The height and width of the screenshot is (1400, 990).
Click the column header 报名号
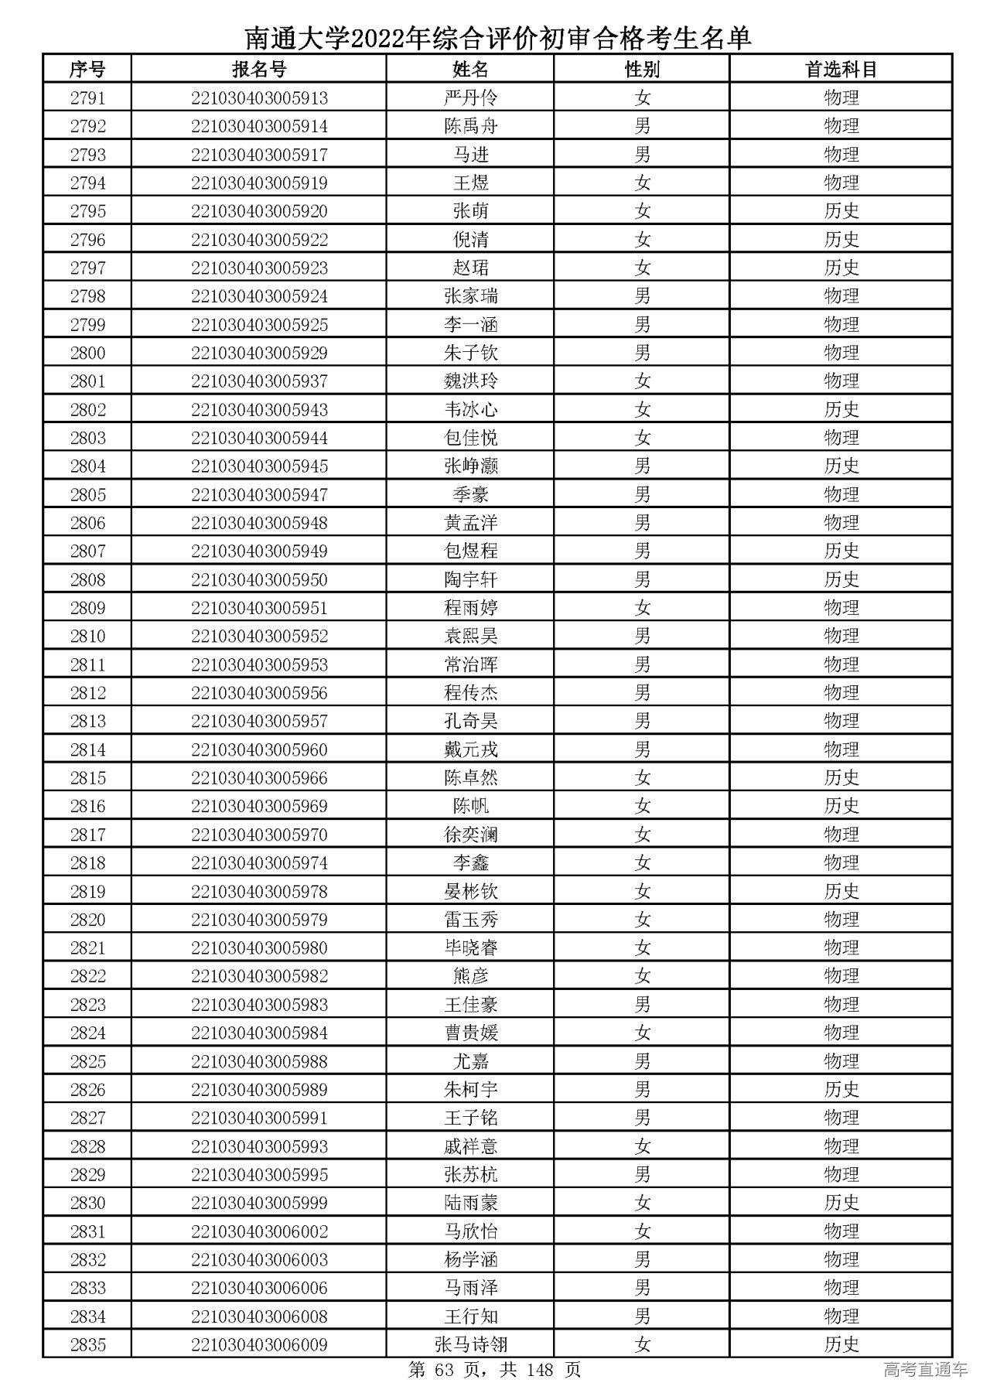259,70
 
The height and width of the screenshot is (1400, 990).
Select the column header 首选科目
841,70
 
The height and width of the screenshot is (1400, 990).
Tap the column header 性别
642,70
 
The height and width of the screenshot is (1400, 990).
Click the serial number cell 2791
87,98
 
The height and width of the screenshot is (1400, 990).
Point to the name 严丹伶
470,98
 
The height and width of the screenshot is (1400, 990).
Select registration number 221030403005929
259,353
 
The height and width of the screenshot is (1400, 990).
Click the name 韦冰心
470,410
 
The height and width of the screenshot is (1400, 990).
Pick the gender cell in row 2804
642,466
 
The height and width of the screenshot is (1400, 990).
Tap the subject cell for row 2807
841,551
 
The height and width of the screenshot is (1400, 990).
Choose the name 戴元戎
470,750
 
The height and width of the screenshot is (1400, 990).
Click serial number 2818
87,863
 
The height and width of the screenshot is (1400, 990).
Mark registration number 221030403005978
259,892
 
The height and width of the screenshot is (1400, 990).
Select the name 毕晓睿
470,948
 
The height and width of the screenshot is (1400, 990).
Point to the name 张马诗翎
470,1345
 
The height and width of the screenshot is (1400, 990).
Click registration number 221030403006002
259,1231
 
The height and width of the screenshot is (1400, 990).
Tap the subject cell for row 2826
841,1090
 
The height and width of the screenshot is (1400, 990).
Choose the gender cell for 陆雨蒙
642,1204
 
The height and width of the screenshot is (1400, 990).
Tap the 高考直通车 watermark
925,1371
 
